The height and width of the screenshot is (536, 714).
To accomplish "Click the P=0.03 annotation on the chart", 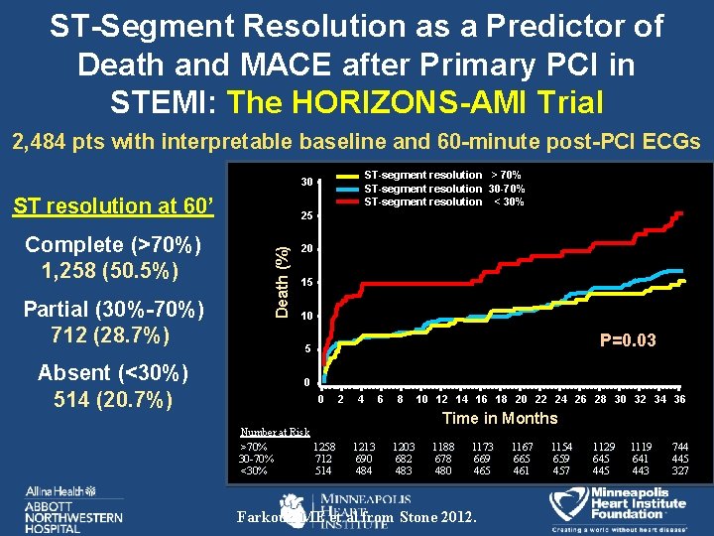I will point(628,340).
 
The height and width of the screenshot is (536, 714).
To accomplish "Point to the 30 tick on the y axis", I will point(307,183).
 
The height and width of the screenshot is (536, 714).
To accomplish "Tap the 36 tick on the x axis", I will point(679,399).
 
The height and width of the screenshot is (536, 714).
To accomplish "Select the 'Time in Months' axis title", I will point(500,418).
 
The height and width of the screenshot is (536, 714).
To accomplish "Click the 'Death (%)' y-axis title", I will point(283,283).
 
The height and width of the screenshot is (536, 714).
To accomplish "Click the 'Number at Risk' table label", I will point(275,432).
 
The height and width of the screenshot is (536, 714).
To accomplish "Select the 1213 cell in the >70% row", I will point(364,449).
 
